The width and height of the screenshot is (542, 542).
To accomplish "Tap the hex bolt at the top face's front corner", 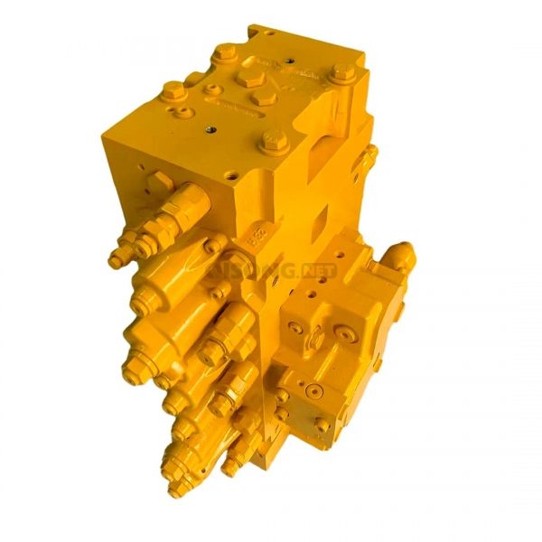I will pyautogui.click(x=274, y=141).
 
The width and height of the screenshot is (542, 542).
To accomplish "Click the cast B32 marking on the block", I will pyautogui.click(x=256, y=238).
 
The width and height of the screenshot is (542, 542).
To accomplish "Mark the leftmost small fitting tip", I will pyautogui.click(x=115, y=262).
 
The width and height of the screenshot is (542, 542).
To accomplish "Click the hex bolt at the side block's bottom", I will pyautogui.click(x=322, y=424).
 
